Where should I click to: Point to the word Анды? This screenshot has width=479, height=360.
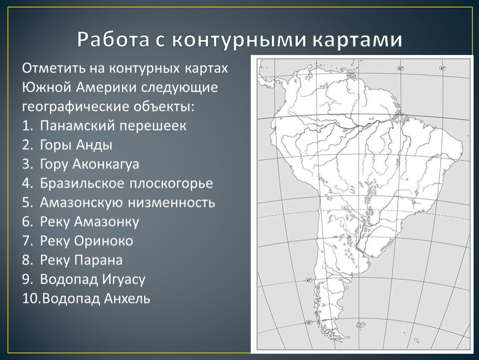pyautogui.click(x=94, y=145)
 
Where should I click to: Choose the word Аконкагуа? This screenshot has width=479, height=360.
pyautogui.click(x=106, y=165)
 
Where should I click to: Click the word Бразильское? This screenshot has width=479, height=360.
pyautogui.click(x=82, y=183)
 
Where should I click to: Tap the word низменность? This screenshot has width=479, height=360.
pyautogui.click(x=171, y=202)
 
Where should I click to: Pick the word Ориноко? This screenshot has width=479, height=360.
pyautogui.click(x=104, y=241)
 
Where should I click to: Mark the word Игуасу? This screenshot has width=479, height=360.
pyautogui.click(x=124, y=280)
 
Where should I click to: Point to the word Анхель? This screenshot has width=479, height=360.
pyautogui.click(x=127, y=299)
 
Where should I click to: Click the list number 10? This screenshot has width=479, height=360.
pyautogui.click(x=32, y=299)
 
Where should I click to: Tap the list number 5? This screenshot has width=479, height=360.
pyautogui.click(x=27, y=203)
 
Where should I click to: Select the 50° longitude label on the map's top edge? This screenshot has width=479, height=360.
pyautogui.click(x=401, y=68)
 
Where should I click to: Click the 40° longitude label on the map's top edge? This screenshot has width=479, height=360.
pyautogui.click(x=443, y=68)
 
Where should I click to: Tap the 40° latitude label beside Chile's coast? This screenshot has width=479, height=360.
pyautogui.click(x=309, y=280)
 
